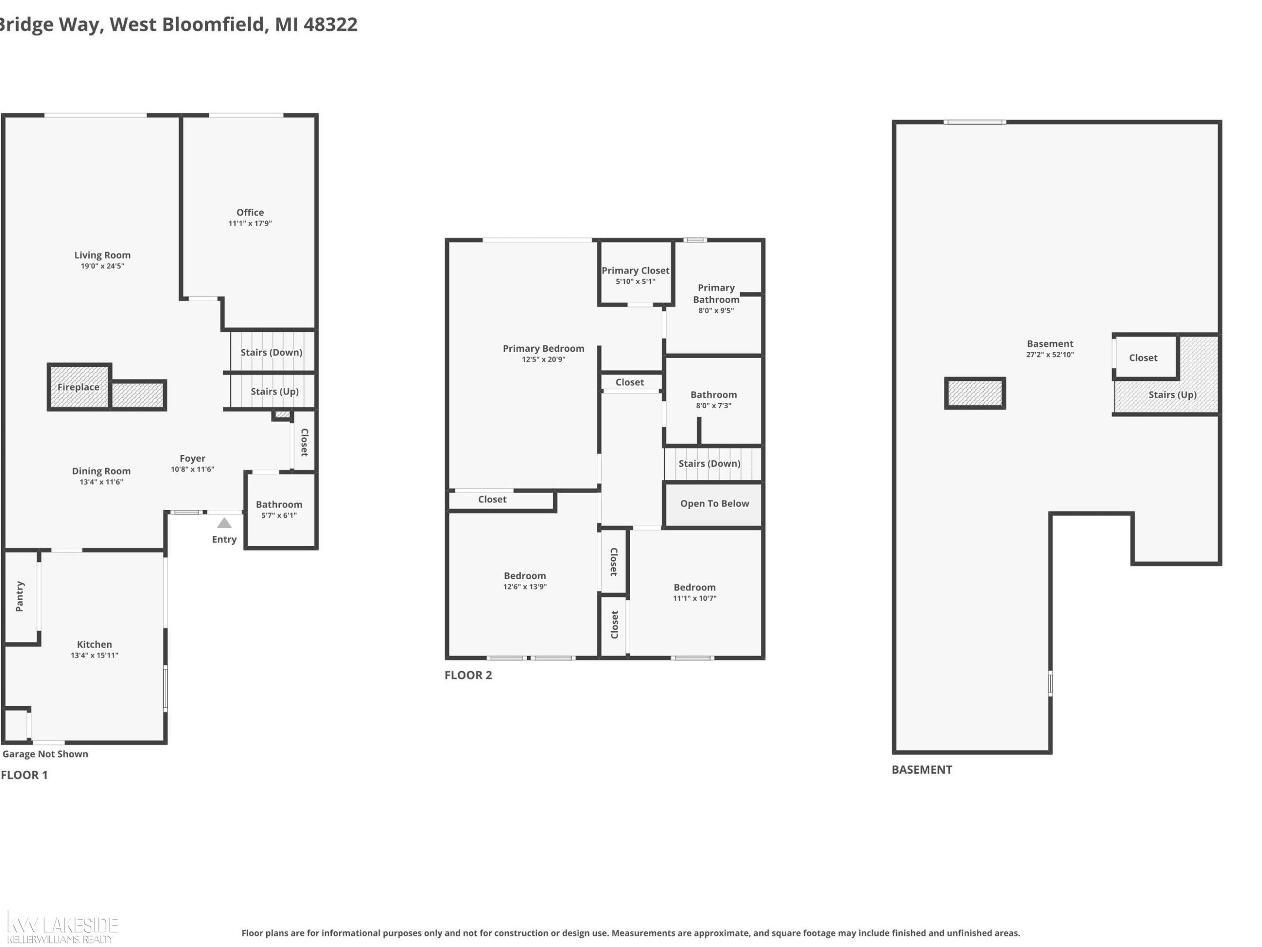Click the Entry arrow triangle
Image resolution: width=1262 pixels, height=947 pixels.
pyautogui.click(x=224, y=523)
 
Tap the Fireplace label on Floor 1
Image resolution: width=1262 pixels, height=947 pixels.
pyautogui.click(x=78, y=387)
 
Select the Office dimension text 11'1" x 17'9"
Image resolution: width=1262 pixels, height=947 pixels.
pyautogui.click(x=250, y=223)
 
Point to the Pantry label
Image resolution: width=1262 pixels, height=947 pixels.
pyautogui.click(x=20, y=596)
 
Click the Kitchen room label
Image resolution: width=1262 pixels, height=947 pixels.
pyautogui.click(x=95, y=644)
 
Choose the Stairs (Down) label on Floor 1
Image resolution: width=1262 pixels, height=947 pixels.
pyautogui.click(x=272, y=352)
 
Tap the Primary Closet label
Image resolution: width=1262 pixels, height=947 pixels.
pyautogui.click(x=636, y=271)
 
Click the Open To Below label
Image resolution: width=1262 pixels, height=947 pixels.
pyautogui.click(x=714, y=503)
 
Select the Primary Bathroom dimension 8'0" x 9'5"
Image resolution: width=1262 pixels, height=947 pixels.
pyautogui.click(x=716, y=311)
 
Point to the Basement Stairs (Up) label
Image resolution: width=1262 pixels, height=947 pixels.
pyautogui.click(x=1172, y=394)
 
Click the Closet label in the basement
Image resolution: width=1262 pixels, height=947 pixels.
pyautogui.click(x=1143, y=358)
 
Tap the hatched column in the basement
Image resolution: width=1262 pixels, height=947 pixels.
pyautogui.click(x=975, y=393)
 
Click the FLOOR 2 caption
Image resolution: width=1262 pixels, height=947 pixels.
pyautogui.click(x=468, y=675)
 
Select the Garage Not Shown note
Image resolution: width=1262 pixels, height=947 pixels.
pyautogui.click(x=45, y=754)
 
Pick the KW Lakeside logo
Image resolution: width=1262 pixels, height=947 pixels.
pyautogui.click(x=61, y=928)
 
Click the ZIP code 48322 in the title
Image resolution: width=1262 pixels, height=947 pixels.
pyautogui.click(x=331, y=24)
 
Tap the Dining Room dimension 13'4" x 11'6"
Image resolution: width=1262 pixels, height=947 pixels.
pyautogui.click(x=101, y=482)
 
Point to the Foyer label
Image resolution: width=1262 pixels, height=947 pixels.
pyautogui.click(x=192, y=458)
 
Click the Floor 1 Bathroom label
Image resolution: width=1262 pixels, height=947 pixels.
pyautogui.click(x=279, y=505)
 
